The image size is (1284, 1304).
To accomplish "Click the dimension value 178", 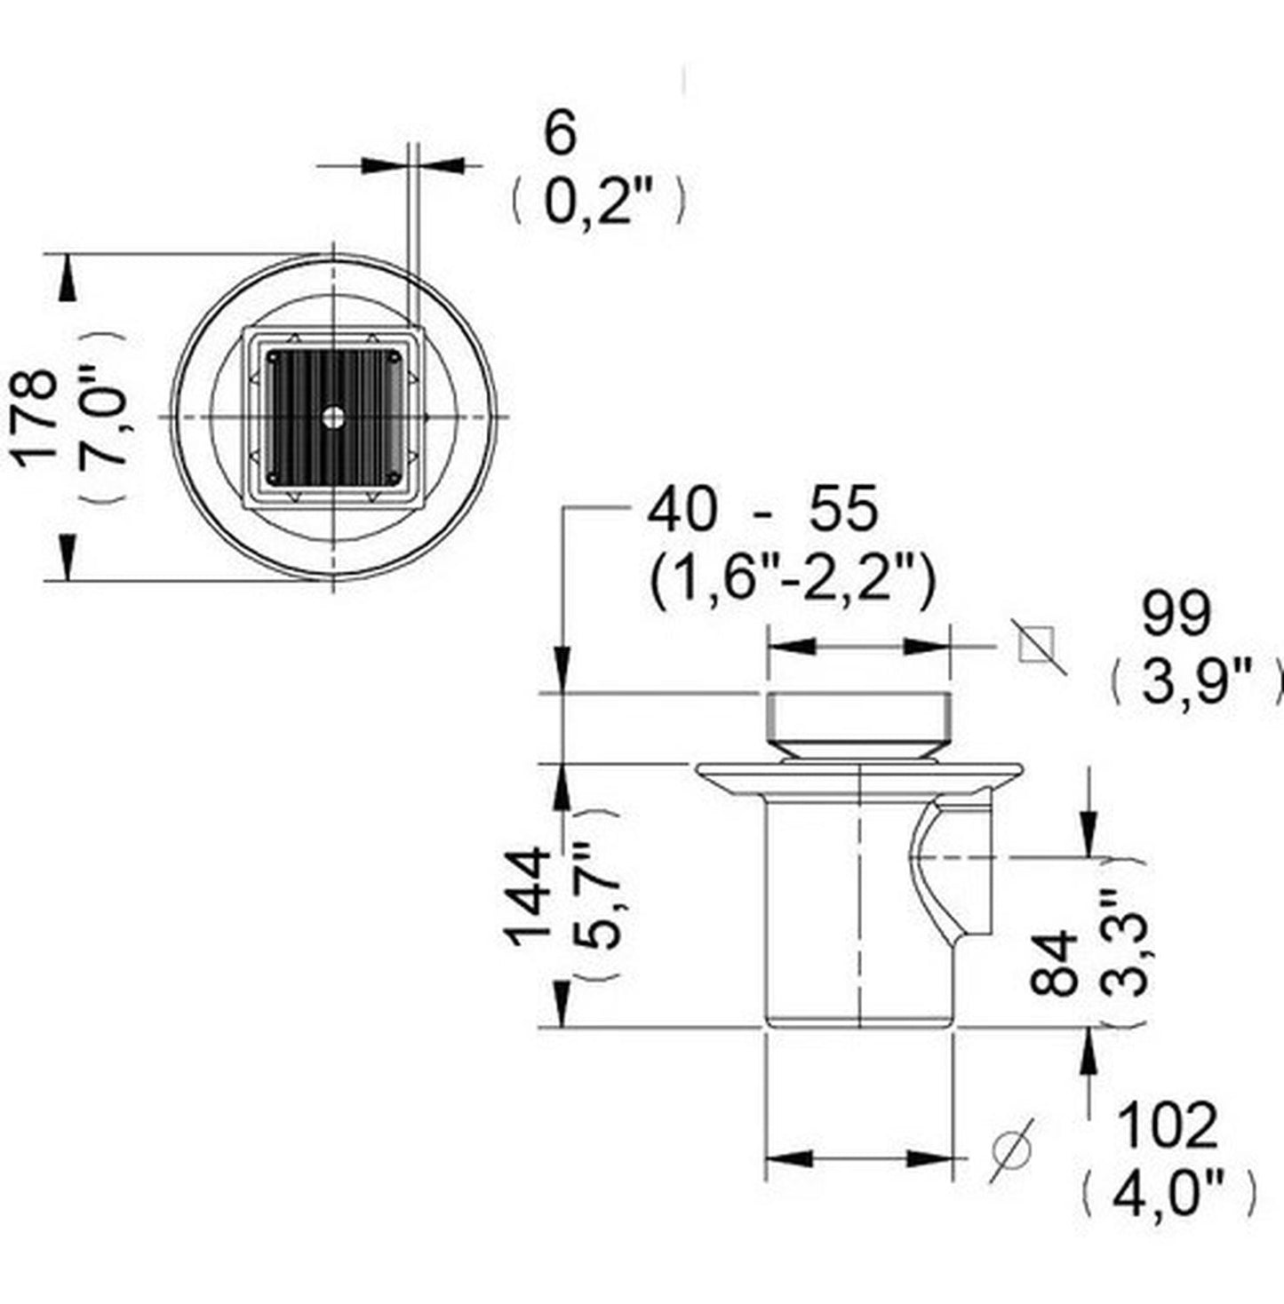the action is coord(36,417).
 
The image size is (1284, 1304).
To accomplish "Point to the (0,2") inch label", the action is coord(596,200).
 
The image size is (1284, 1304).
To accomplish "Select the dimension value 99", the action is coord(1176,615).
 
